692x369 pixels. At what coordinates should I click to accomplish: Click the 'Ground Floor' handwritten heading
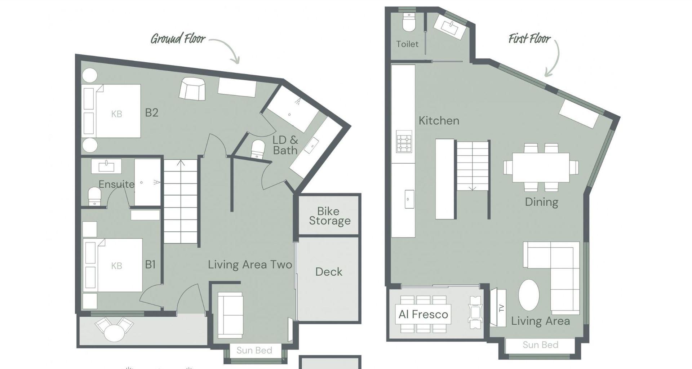point(178,39)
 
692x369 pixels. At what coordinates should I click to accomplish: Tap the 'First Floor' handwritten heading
point(529,38)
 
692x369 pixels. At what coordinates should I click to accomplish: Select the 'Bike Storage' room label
point(329,216)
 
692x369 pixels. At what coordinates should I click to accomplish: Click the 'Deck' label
point(329,272)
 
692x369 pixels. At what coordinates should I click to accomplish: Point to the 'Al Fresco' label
point(423,314)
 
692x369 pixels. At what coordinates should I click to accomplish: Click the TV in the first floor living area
point(498,307)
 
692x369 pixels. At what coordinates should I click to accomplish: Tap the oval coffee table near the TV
point(529,295)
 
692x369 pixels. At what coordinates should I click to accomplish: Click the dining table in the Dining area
point(541,168)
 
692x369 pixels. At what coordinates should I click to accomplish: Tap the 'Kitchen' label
point(439,120)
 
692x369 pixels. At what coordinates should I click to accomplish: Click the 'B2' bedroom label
point(151,113)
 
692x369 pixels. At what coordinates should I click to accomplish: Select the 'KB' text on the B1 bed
point(116,266)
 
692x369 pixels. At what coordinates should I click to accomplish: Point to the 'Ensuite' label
point(116,184)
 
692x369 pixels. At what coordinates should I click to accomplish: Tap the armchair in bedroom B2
point(192,88)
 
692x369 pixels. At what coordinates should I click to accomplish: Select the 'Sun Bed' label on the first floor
point(540,345)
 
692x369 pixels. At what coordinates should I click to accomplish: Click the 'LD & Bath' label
point(285,145)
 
